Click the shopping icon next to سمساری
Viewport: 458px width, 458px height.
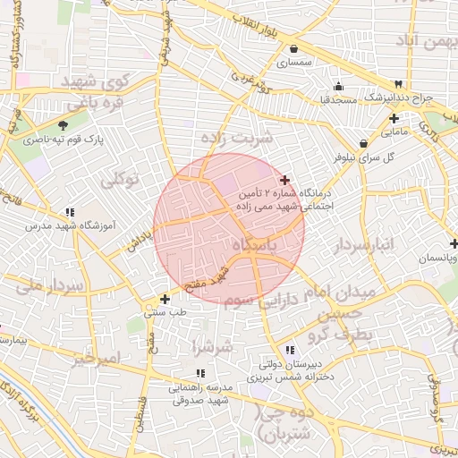[293, 49]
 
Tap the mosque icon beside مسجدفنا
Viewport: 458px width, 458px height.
[338, 87]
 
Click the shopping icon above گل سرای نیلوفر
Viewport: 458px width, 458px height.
[364, 143]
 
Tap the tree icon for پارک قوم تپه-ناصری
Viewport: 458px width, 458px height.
[63, 126]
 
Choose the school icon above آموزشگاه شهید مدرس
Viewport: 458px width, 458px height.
[70, 212]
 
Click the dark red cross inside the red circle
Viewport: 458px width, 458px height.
[284, 181]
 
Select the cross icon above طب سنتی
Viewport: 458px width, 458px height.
[164, 299]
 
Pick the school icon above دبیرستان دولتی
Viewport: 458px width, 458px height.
[289, 351]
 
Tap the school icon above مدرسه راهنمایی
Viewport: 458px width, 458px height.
[200, 373]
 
